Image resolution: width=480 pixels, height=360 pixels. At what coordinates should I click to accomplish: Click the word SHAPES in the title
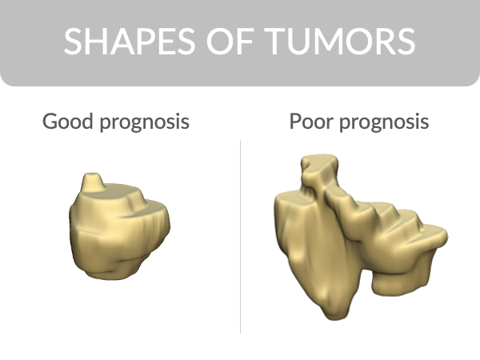click(130, 42)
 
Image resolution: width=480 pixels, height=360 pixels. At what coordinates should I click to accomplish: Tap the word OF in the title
click(230, 42)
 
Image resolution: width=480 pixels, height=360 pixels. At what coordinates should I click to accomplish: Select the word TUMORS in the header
click(340, 42)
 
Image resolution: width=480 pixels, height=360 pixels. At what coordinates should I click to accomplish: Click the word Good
click(68, 122)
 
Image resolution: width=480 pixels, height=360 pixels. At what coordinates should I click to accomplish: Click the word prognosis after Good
click(145, 122)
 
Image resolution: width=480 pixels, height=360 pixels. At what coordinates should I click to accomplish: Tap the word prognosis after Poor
click(384, 122)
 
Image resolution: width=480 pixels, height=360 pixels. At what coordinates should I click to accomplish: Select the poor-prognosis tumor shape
click(352, 238)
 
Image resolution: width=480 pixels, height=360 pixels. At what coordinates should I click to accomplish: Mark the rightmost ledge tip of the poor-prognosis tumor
click(446, 236)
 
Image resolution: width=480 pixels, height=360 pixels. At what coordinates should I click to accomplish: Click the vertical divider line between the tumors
click(240, 237)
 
